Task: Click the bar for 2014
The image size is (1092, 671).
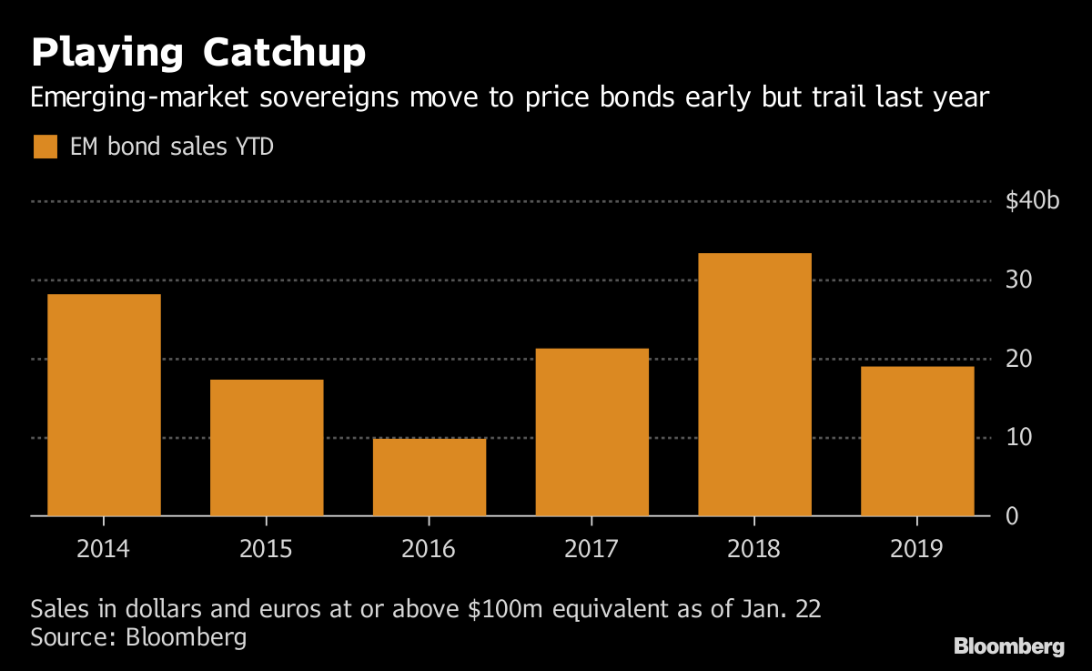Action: click(104, 405)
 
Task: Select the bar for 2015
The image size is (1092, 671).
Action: click(267, 448)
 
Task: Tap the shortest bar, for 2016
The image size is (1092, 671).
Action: click(430, 477)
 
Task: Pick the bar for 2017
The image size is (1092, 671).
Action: click(592, 432)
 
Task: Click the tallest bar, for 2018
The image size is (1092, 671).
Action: click(755, 384)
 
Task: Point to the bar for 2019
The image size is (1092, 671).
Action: click(917, 442)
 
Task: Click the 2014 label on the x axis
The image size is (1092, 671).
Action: click(104, 549)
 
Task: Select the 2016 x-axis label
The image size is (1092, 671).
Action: click(430, 549)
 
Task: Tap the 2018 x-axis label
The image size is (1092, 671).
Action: click(755, 549)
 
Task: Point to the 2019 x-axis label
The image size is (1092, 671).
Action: click(917, 549)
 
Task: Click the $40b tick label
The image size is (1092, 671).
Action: click(1033, 201)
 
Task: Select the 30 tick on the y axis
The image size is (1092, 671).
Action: click(1019, 280)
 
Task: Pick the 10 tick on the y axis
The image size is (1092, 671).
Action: click(1019, 438)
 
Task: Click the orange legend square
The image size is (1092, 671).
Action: click(45, 147)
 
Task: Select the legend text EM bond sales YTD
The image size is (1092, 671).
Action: click(172, 147)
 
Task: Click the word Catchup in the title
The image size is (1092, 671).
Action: click(284, 55)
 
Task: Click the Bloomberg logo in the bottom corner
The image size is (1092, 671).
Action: click(1008, 646)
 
